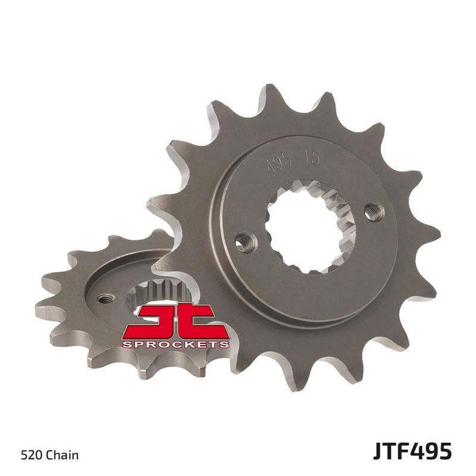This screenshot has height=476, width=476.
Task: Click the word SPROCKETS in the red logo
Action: (176, 344)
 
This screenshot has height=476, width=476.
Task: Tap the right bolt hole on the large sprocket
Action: (374, 211)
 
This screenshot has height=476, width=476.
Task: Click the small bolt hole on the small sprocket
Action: (106, 297)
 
